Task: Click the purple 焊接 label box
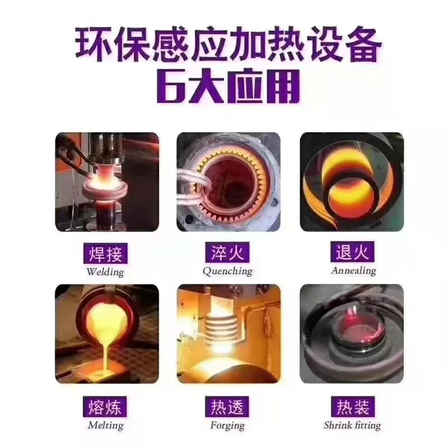point(105,254)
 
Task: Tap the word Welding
point(105,272)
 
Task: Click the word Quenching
point(227,271)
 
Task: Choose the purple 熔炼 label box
point(105,406)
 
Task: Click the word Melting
point(105,424)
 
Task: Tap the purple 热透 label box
point(227,406)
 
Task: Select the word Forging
point(227,425)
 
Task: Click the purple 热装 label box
point(352,406)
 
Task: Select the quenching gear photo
point(228,183)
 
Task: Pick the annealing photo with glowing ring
point(352,183)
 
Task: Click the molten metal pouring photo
point(106,334)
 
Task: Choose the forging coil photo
point(228,334)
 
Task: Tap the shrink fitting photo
point(352,334)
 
